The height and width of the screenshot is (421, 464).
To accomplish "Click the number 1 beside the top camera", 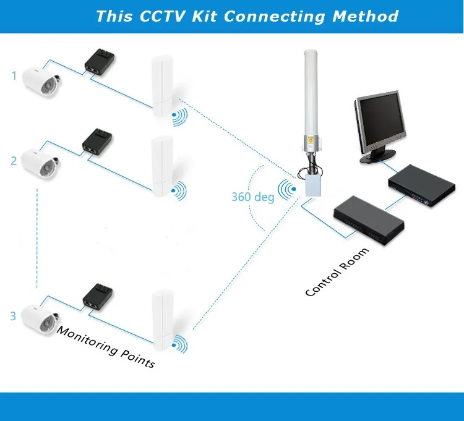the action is (14, 75).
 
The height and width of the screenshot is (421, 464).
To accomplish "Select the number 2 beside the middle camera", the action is (14, 161).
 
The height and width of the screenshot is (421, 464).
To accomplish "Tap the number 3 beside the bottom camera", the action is (13, 316).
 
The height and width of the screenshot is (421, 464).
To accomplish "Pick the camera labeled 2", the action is (40, 164).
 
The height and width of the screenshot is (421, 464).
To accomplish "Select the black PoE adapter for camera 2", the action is (97, 140).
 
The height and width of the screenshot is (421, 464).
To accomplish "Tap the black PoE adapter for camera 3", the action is (98, 296).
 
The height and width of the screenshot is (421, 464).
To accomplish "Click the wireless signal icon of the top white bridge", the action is (179, 116).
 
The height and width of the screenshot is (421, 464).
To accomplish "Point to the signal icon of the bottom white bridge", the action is (179, 344).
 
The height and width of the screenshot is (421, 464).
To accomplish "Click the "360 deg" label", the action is (253, 197).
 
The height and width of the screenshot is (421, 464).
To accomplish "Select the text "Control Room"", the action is (337, 272).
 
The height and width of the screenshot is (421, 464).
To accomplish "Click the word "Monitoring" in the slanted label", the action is (87, 340).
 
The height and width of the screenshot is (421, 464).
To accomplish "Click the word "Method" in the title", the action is (366, 16).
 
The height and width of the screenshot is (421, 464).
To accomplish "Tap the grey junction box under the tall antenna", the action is (314, 185).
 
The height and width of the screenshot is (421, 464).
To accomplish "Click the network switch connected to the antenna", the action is (369, 219).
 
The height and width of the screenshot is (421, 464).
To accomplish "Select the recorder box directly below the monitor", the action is (422, 185).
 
